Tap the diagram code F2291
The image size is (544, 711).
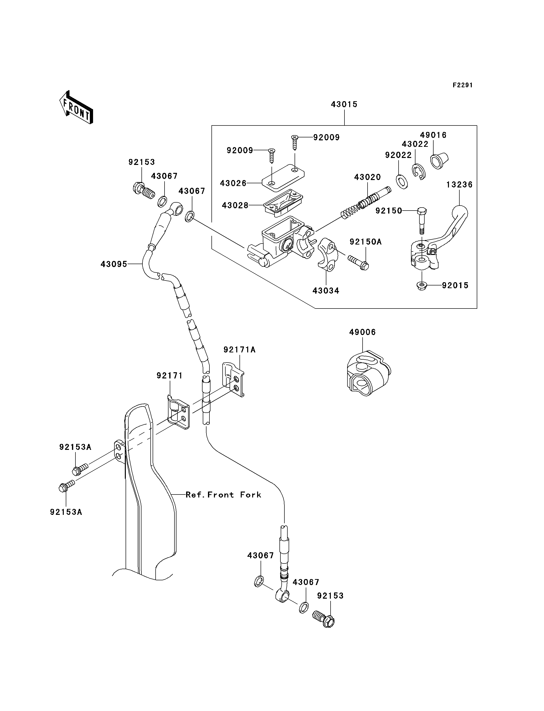462,85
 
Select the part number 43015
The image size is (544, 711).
344,105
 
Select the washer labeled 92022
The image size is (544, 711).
402,182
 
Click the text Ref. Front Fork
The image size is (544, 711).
223,495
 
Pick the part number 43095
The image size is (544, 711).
114,264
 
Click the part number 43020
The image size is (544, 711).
367,177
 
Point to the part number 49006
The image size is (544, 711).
362,332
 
